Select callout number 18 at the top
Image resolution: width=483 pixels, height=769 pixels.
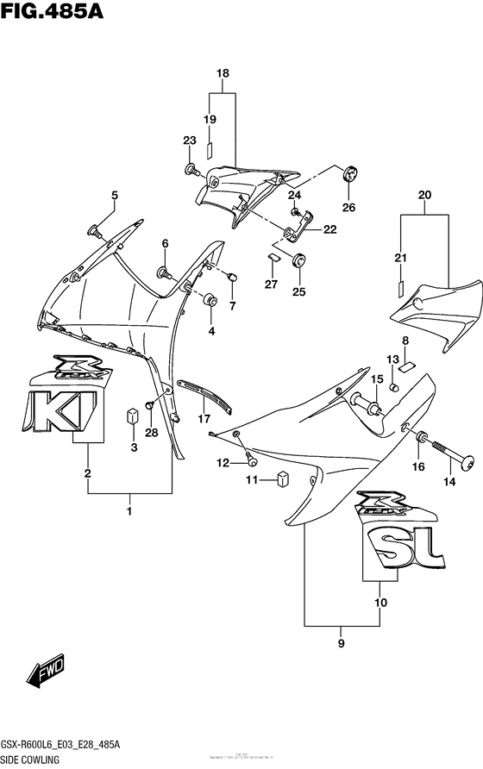(x=223, y=74)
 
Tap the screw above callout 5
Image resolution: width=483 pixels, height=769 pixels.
(x=95, y=230)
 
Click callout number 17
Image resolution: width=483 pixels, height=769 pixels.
(x=204, y=419)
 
